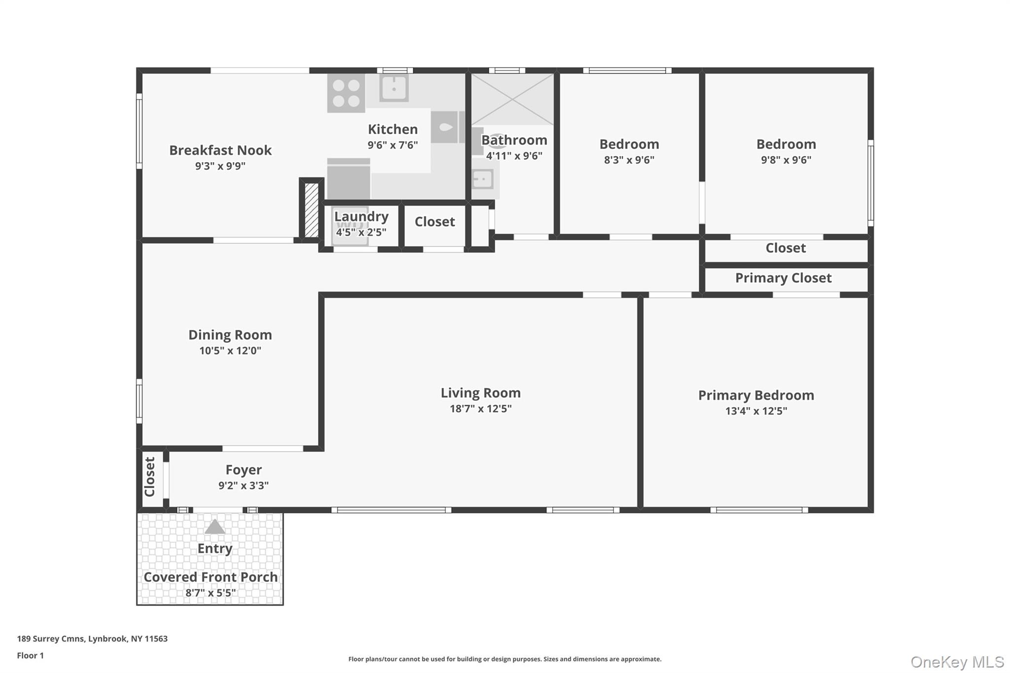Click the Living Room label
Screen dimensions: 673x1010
pyautogui.click(x=480, y=393)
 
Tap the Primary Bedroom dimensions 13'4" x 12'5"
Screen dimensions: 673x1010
pyautogui.click(x=756, y=411)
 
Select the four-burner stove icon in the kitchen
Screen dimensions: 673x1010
pyautogui.click(x=346, y=93)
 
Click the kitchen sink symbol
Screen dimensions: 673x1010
pyautogui.click(x=394, y=88)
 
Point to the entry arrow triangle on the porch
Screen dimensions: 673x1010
pyautogui.click(x=215, y=527)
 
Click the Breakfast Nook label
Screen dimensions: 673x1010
pyautogui.click(x=220, y=150)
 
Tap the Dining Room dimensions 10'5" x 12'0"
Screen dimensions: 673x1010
pyautogui.click(x=230, y=351)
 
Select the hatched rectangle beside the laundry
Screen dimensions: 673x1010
pyautogui.click(x=312, y=210)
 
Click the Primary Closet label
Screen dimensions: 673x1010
pyautogui.click(x=783, y=278)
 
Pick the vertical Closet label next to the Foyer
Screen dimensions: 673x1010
pyautogui.click(x=150, y=477)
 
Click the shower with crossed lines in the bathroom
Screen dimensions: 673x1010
pyautogui.click(x=512, y=99)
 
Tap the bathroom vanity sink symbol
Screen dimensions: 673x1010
pyautogui.click(x=483, y=178)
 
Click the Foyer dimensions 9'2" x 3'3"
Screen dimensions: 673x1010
pyautogui.click(x=243, y=485)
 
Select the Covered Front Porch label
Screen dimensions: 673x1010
pyautogui.click(x=211, y=577)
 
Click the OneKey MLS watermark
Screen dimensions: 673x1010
pyautogui.click(x=957, y=662)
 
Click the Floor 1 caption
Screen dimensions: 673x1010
pyautogui.click(x=30, y=655)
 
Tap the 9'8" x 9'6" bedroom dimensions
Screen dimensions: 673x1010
pyautogui.click(x=786, y=160)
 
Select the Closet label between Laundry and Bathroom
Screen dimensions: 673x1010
pyautogui.click(x=434, y=222)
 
